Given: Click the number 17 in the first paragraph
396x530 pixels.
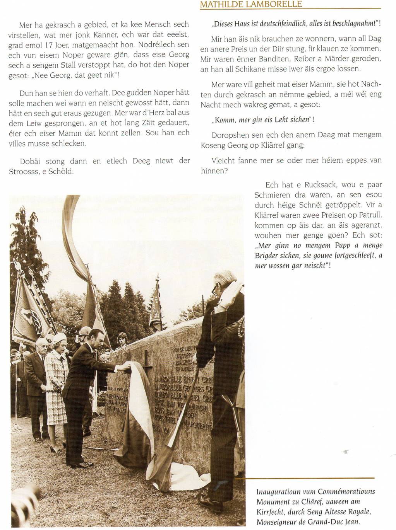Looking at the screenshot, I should [x=50, y=45].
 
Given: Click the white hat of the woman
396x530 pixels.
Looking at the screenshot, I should [x=59, y=337].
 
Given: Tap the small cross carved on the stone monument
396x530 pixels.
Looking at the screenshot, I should [x=146, y=359].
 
